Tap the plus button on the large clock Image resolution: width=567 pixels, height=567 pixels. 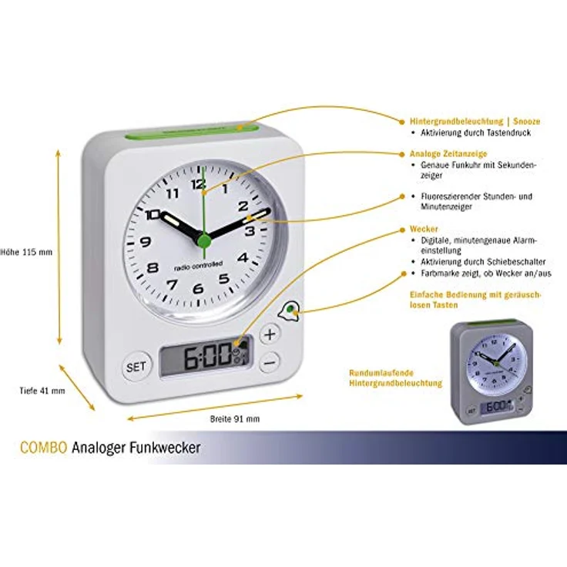tap(270, 334)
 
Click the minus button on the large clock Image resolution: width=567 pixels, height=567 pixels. tap(270, 361)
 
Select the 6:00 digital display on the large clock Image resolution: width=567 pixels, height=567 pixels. tap(206, 357)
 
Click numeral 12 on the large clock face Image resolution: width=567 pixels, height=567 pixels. tap(199, 184)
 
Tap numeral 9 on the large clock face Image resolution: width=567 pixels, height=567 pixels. tap(146, 241)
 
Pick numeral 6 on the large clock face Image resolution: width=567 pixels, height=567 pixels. tap(198, 288)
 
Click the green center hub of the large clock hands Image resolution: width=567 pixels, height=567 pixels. tap(204, 240)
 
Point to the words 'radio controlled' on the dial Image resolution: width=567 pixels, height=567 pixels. tap(198, 267)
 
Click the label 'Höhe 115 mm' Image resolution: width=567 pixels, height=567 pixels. tap(26, 252)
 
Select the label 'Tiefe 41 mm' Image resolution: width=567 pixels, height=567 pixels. tap(42, 391)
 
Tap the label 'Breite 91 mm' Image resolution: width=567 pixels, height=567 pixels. tap(235, 419)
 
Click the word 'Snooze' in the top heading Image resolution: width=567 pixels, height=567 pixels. tap(526, 122)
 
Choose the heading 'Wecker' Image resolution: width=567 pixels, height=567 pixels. tap(424, 229)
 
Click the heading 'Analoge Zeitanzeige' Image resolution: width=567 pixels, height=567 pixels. tap(448, 153)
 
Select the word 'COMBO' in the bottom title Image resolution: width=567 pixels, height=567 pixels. tap(44, 448)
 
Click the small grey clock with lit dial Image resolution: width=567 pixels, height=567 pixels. tap(492, 372)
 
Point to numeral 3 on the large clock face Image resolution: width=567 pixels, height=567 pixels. tap(250, 230)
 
